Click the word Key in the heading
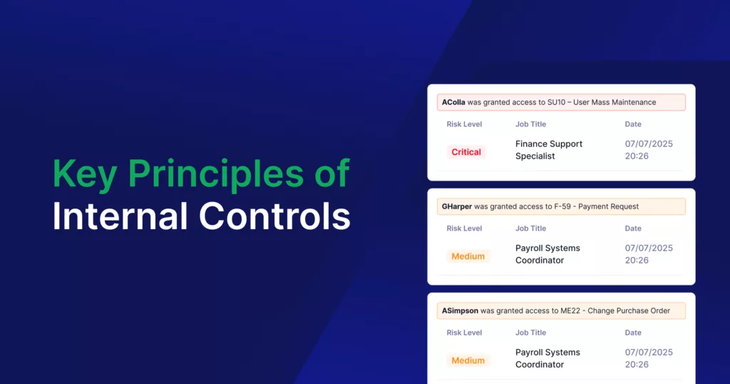point(85,174)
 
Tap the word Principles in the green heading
point(215,174)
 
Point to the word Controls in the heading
point(274,216)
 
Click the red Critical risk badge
point(466,152)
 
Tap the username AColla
point(453,102)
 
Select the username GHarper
point(457,206)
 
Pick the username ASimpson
point(460,310)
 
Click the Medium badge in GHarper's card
point(468,256)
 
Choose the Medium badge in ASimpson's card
point(468,360)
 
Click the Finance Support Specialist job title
point(549,150)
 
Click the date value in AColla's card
point(649,150)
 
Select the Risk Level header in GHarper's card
point(464,228)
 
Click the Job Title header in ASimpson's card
point(530,333)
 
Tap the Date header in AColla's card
point(633,124)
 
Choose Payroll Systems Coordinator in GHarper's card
point(547,254)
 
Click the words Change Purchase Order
point(629,310)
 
